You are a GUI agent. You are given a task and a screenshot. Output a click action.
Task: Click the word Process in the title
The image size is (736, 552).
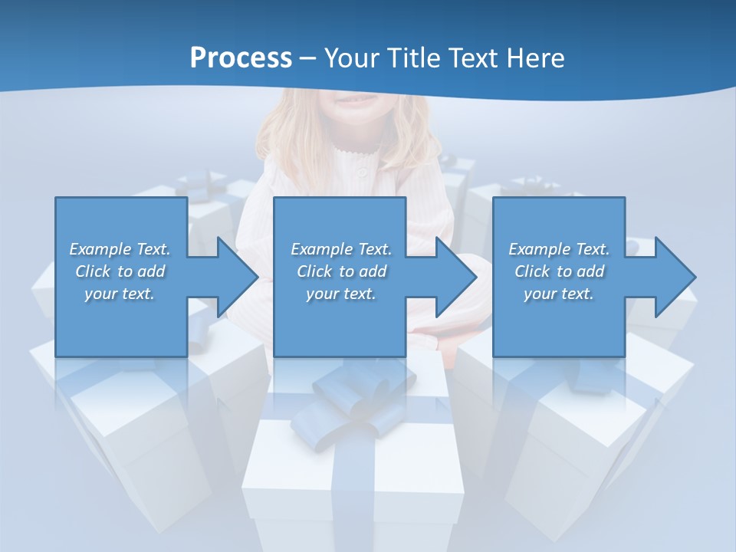[x=241, y=58]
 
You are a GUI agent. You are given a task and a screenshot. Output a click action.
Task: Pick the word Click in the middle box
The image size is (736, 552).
[x=314, y=271]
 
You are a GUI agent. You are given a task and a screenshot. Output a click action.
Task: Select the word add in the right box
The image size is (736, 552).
[x=590, y=271]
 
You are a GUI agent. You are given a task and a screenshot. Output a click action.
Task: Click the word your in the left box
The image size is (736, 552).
[x=100, y=294]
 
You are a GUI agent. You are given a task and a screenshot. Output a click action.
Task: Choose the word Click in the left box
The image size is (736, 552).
[x=93, y=271]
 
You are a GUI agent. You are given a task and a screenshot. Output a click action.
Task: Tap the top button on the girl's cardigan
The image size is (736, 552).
[x=361, y=173]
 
